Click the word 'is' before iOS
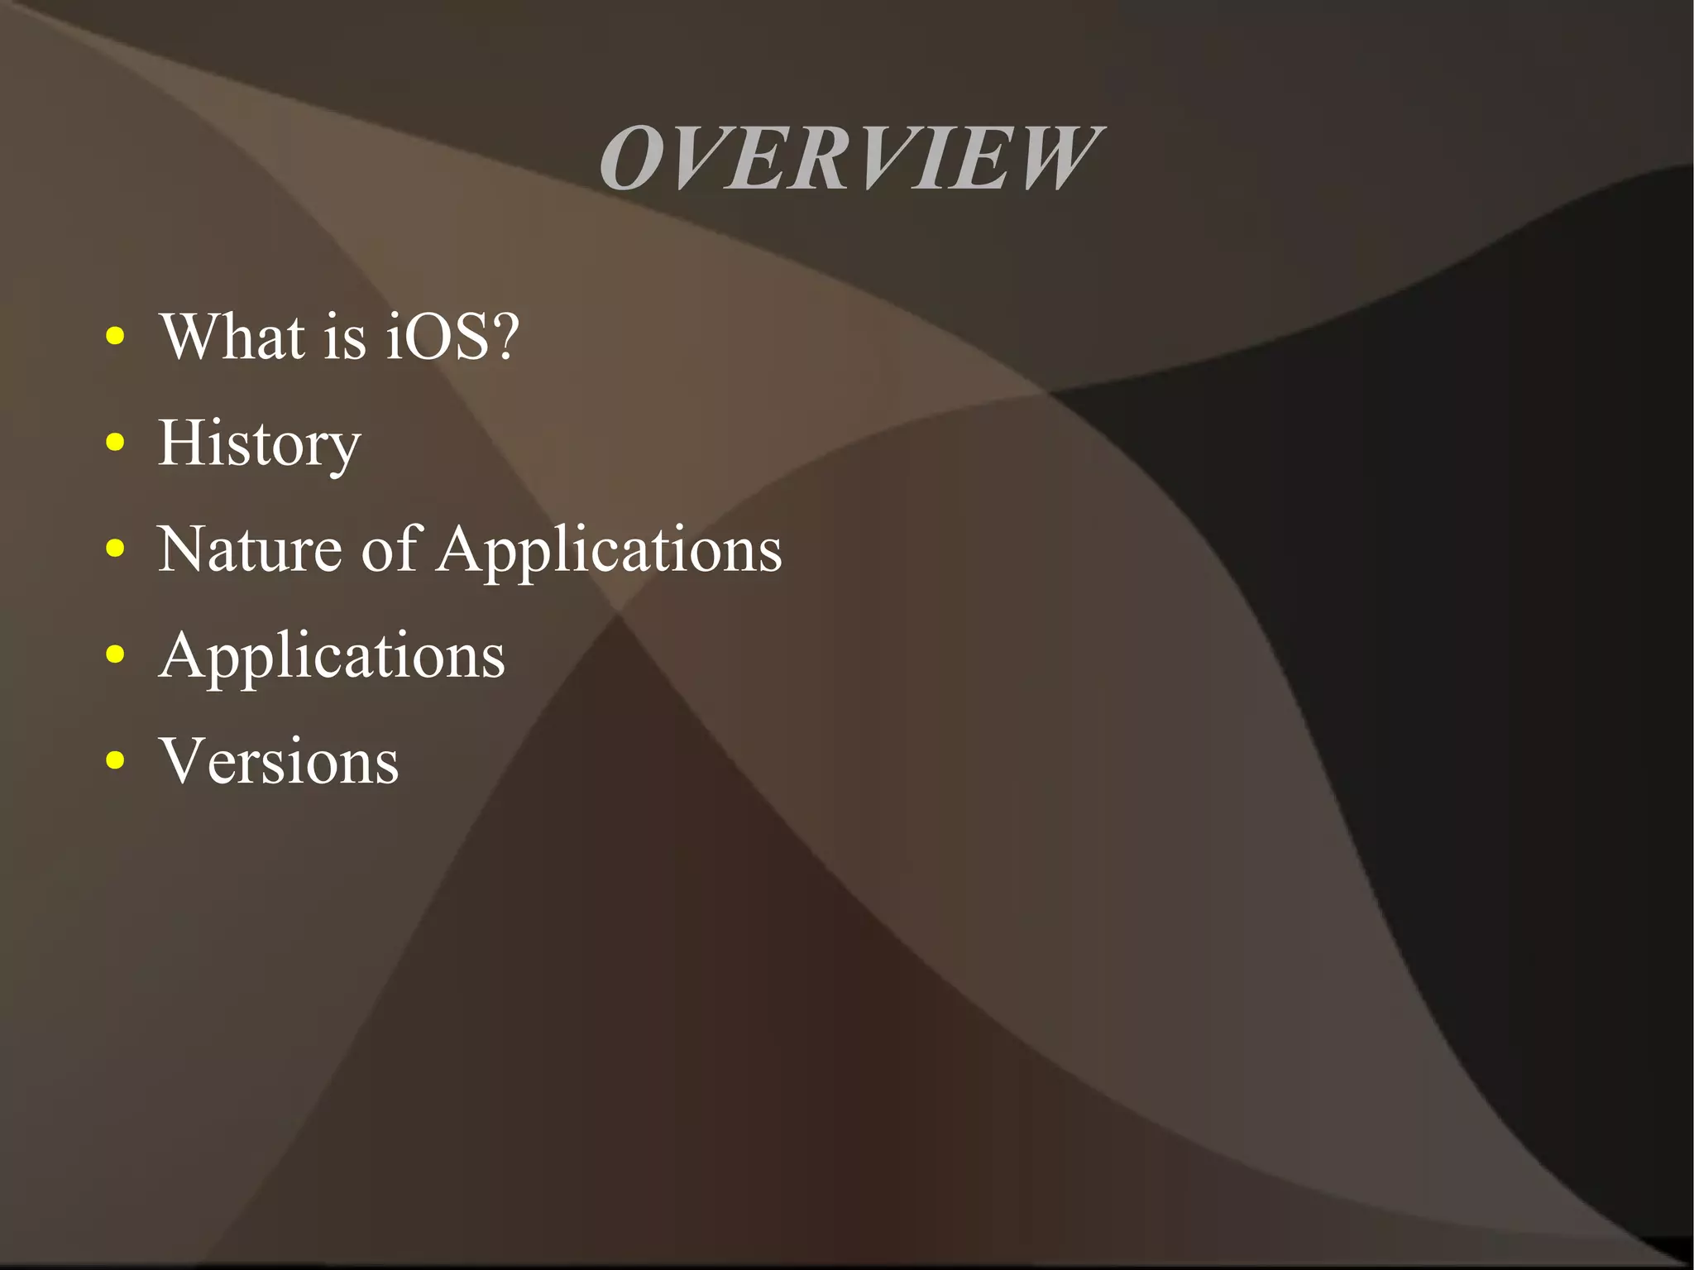[x=344, y=338]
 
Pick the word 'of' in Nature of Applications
[x=390, y=549]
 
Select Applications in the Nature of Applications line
[x=610, y=551]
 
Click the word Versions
[x=280, y=761]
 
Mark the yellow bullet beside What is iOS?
[x=116, y=336]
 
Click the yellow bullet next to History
[x=116, y=442]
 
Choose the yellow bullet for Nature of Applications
[x=116, y=548]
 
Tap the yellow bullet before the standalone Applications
[x=116, y=654]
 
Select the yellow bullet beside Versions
[x=116, y=760]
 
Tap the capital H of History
[x=183, y=443]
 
